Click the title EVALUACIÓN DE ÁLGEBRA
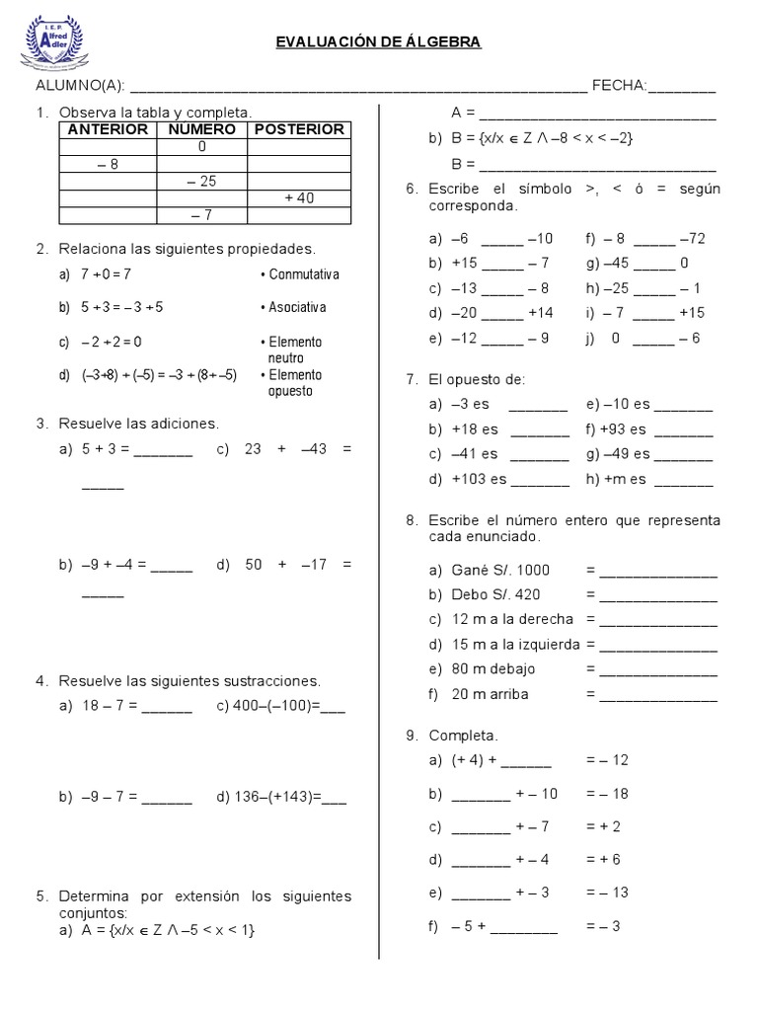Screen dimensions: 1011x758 [x=378, y=41]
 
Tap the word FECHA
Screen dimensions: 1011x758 [x=619, y=87]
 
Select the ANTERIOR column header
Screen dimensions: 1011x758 [x=108, y=129]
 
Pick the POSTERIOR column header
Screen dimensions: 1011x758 [x=299, y=129]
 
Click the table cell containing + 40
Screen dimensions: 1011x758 [x=299, y=197]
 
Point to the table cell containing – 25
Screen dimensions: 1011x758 [x=201, y=181]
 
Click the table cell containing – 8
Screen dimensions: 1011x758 [x=108, y=164]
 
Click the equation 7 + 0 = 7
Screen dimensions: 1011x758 [x=106, y=274]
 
